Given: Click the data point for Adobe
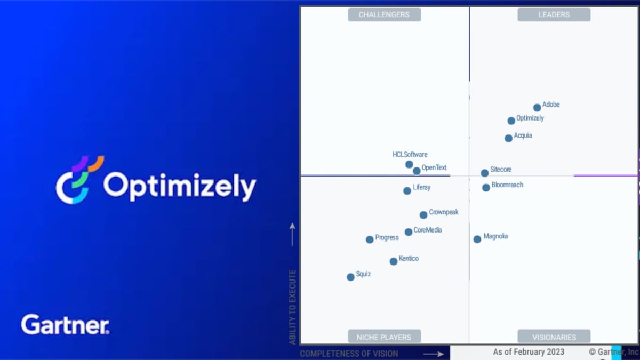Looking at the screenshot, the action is click(x=537, y=108).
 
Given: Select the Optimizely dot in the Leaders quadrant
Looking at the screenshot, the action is click(x=511, y=121).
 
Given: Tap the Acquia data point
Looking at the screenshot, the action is click(x=508, y=138).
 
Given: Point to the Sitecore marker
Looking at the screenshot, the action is click(x=485, y=173).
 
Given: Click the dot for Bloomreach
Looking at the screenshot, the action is click(x=486, y=188).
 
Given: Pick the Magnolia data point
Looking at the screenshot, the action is click(x=477, y=239).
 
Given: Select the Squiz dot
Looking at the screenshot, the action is click(x=350, y=277).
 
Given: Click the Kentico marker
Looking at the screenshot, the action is click(x=394, y=261).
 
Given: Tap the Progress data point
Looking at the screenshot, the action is click(x=370, y=239).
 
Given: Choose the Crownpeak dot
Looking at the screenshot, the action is click(x=423, y=215).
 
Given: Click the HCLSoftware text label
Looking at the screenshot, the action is click(x=410, y=155).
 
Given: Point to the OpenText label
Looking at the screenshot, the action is click(x=434, y=167).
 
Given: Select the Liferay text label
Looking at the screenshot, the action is click(x=422, y=187).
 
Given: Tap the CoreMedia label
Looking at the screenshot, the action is click(x=428, y=230).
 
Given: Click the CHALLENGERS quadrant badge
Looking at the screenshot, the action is click(x=385, y=14).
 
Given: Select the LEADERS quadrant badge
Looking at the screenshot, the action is click(x=554, y=14).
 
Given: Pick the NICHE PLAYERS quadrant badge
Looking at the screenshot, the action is click(x=385, y=337).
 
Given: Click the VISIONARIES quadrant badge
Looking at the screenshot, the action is click(x=554, y=337).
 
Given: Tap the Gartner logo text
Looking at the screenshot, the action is click(x=65, y=324).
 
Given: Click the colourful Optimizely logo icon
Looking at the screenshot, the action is click(x=80, y=180).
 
